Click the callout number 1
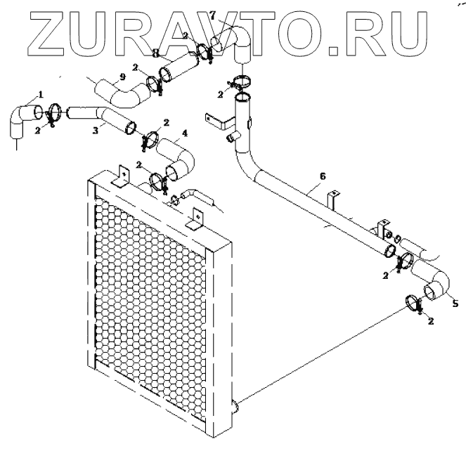(x=41, y=93)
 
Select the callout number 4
(x=185, y=133)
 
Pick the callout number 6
(x=322, y=176)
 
